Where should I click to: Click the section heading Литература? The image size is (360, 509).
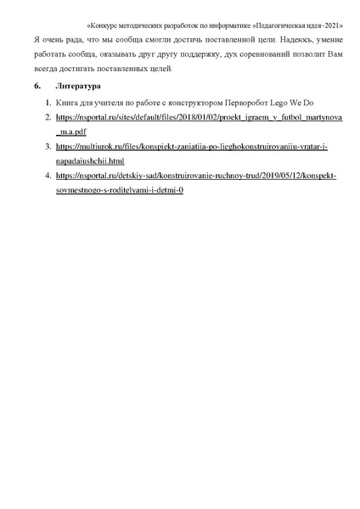tap(78, 87)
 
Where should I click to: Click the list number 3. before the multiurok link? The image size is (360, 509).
tap(48, 147)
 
